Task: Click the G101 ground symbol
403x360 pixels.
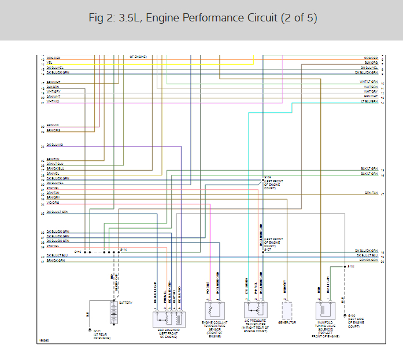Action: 90,330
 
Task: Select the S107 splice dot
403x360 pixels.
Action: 262,251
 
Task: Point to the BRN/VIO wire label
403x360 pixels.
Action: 53,125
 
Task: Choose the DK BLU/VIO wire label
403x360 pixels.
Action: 54,145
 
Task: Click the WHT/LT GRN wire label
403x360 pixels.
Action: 368,82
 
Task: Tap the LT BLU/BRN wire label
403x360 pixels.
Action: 368,101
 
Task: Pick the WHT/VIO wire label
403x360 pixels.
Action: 53,101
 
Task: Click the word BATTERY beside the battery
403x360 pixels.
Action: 125,303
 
